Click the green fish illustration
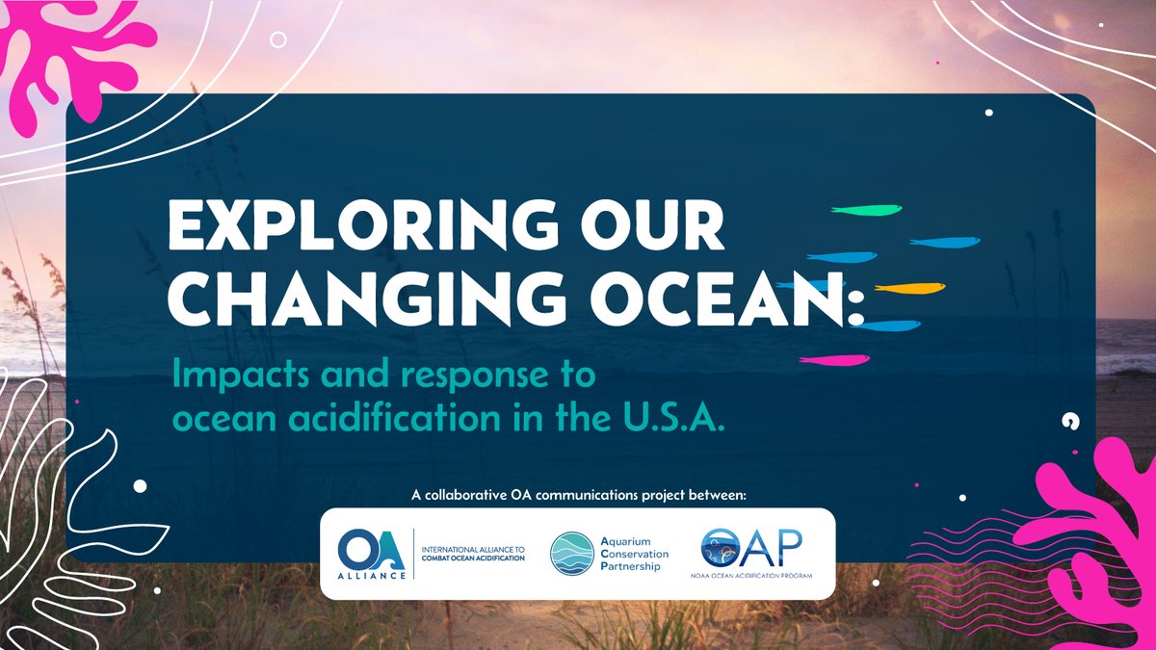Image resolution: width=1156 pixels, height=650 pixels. click(x=867, y=210)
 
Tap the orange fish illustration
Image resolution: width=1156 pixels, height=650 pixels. click(x=909, y=288)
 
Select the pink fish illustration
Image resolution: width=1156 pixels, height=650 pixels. click(x=834, y=360)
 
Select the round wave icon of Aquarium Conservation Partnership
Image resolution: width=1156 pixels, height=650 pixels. click(x=572, y=554)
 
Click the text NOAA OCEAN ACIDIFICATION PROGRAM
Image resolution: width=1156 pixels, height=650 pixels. click(x=757, y=575)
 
